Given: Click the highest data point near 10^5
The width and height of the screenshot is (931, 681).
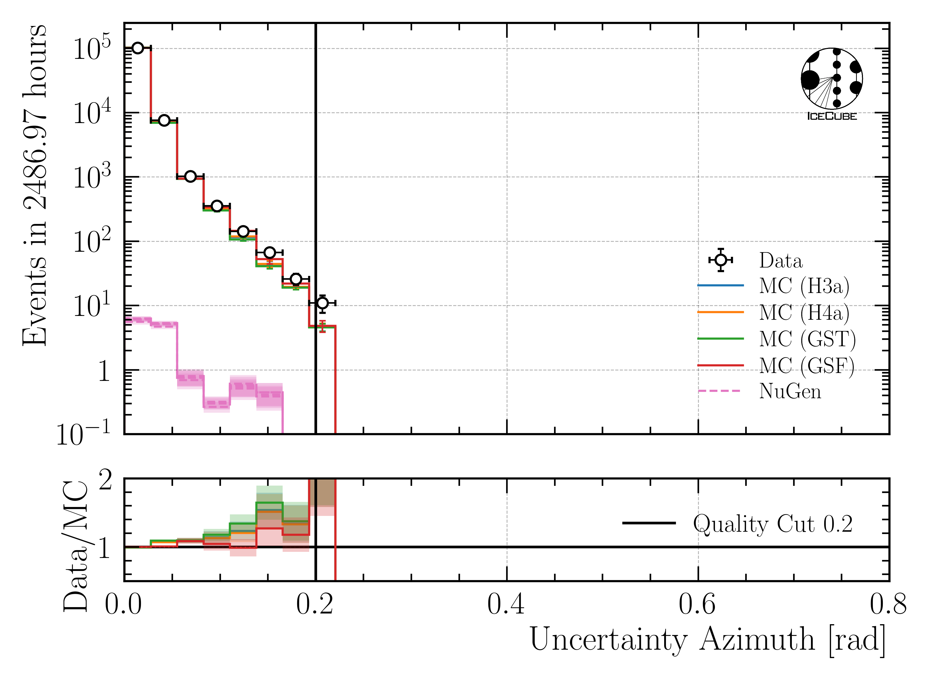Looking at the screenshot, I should click(x=138, y=48).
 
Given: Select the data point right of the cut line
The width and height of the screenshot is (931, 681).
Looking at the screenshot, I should click(x=322, y=303).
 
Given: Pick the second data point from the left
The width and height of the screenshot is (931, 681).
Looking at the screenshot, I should click(x=164, y=120).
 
